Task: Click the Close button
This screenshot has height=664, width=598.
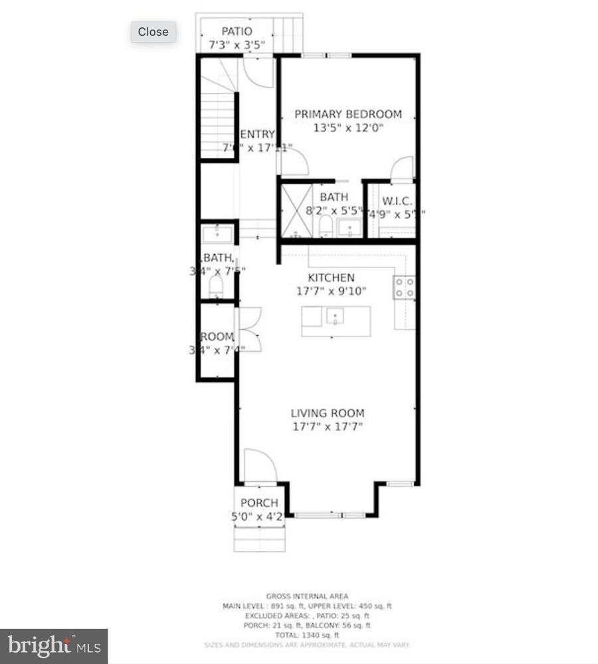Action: [x=153, y=31]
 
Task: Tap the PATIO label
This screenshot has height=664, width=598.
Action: [x=237, y=31]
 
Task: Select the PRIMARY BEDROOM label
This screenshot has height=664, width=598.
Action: [x=348, y=114]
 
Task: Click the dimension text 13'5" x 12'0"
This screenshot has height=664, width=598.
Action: [x=348, y=128]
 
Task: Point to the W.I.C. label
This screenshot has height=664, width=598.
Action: [x=397, y=201]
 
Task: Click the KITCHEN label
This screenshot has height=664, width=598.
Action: [x=331, y=278]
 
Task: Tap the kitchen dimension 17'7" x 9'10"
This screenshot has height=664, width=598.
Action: [x=331, y=291]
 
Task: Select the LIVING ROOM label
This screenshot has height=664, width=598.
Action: [x=328, y=413]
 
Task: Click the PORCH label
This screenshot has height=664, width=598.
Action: [x=259, y=503]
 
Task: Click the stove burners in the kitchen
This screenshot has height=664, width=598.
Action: [x=405, y=287]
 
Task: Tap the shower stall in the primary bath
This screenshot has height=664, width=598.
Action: [x=296, y=210]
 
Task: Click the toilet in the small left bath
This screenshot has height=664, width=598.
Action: [x=216, y=287]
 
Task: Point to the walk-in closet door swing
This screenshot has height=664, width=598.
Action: [x=402, y=170]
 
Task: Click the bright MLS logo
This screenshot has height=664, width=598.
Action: [x=53, y=645]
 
